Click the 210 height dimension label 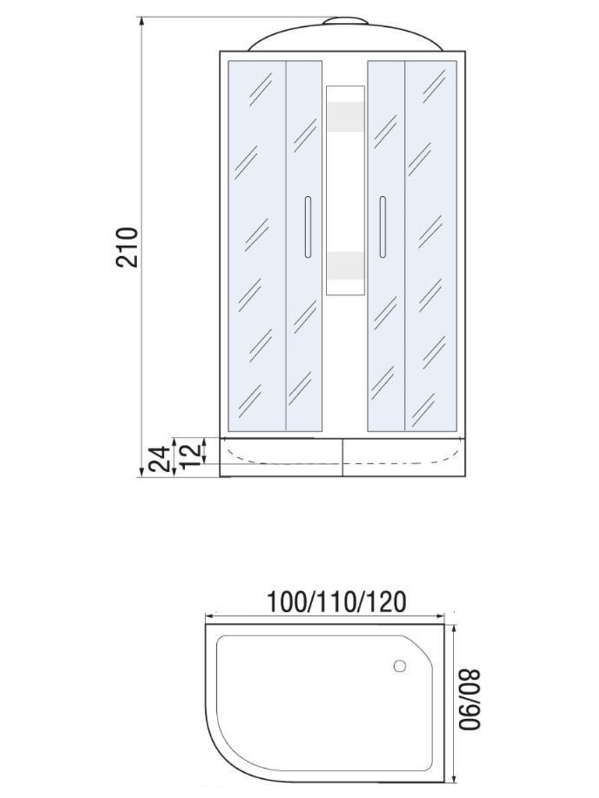pyautogui.click(x=128, y=247)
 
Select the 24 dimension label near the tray pyautogui.click(x=157, y=459)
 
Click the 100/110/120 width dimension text pyautogui.click(x=336, y=602)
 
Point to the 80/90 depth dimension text pyautogui.click(x=471, y=699)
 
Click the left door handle pyautogui.click(x=308, y=227)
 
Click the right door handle pyautogui.click(x=382, y=227)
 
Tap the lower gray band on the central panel pyautogui.click(x=345, y=265)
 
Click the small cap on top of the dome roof pyautogui.click(x=346, y=22)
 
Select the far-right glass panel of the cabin pyautogui.click(x=431, y=245)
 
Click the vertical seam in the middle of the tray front pyautogui.click(x=342, y=458)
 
